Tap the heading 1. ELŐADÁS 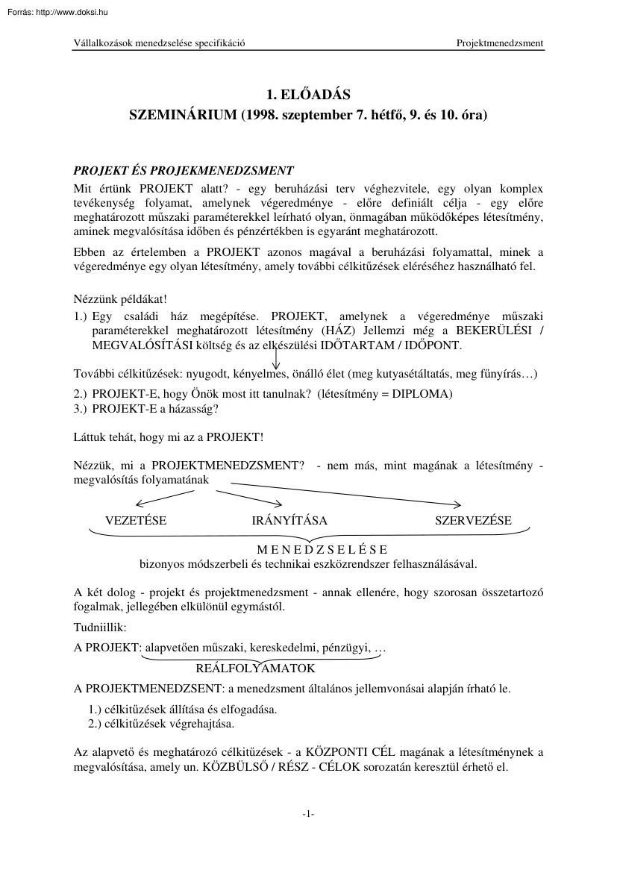point(308,95)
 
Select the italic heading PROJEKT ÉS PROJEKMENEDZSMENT point(184,171)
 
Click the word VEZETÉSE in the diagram point(136,521)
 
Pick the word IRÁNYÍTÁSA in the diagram point(289,521)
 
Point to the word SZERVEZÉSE point(473,521)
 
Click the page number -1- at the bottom point(308,815)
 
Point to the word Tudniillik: point(100,628)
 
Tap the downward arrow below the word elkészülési point(276,360)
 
